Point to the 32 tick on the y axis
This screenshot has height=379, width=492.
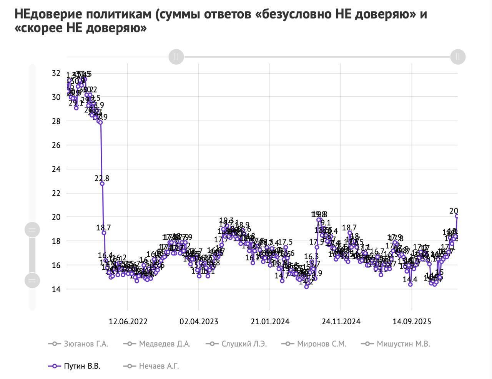(x=56, y=73)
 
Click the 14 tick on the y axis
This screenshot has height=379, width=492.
(x=56, y=289)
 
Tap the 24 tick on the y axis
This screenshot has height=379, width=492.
(x=56, y=169)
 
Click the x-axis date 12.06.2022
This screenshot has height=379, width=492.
(x=128, y=322)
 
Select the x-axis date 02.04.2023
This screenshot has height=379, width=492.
(x=199, y=322)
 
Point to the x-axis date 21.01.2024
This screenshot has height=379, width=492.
(x=270, y=322)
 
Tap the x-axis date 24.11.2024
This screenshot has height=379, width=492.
(x=341, y=322)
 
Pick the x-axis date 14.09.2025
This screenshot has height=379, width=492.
(x=412, y=322)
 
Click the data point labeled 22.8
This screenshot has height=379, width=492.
(x=102, y=184)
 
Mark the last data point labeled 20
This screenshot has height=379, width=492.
(x=457, y=216)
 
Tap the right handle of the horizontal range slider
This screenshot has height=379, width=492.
(x=457, y=57)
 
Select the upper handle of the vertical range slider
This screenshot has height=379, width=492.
(x=32, y=230)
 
